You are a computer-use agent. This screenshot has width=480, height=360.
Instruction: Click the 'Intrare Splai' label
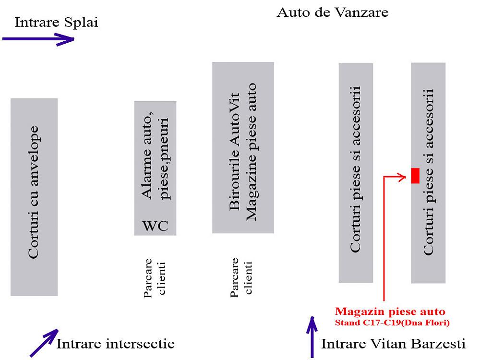click(x=57, y=23)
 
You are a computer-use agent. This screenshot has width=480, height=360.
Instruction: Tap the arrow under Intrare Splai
click(x=38, y=39)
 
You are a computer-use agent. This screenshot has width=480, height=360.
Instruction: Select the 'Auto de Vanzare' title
click(x=332, y=12)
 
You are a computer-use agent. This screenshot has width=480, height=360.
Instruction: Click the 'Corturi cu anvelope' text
click(x=34, y=192)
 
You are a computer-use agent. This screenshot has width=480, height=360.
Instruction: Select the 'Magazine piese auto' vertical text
click(x=252, y=153)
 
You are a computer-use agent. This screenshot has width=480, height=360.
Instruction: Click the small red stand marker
click(x=415, y=176)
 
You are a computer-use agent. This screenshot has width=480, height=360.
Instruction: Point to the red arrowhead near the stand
click(x=402, y=176)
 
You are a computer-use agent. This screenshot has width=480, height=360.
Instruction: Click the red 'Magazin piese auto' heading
click(x=390, y=312)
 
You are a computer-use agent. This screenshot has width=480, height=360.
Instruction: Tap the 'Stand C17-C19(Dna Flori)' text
click(x=392, y=323)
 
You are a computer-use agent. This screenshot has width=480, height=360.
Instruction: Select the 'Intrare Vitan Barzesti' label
click(x=393, y=344)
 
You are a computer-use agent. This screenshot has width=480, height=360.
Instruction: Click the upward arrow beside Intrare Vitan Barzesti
click(x=312, y=338)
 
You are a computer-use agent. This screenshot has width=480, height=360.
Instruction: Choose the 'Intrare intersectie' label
click(x=115, y=344)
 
